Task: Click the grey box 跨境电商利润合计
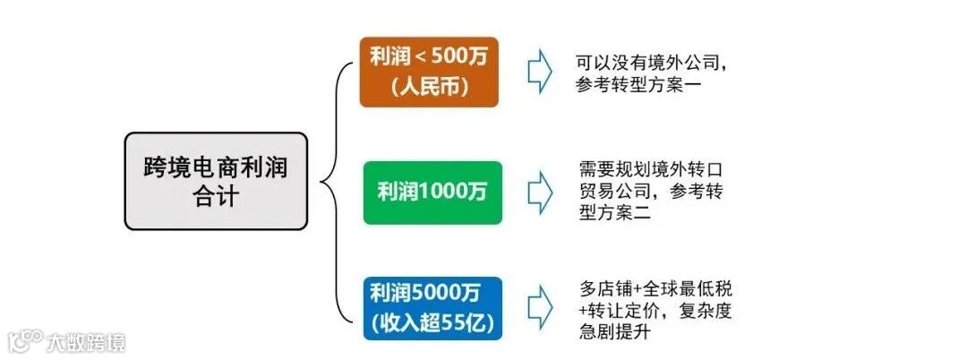pyautogui.click(x=216, y=181)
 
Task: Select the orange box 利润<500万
pyautogui.click(x=429, y=72)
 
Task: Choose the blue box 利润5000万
pyautogui.click(x=432, y=308)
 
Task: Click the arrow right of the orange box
pyautogui.click(x=539, y=72)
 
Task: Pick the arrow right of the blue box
pyautogui.click(x=539, y=308)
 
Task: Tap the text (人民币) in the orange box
pyautogui.click(x=429, y=88)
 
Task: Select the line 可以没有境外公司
pyautogui.click(x=651, y=64)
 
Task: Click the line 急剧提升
pyautogui.click(x=614, y=332)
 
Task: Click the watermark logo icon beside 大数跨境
pyautogui.click(x=27, y=341)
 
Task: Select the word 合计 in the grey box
pyautogui.click(x=216, y=196)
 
